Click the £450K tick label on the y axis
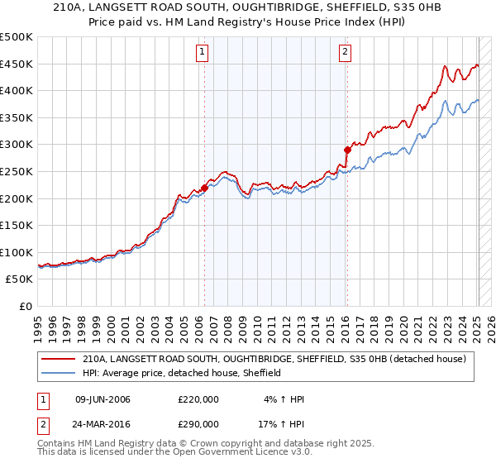point(17,64)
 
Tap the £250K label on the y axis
point(17,171)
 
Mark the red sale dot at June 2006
point(204,189)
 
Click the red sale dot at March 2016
point(347,150)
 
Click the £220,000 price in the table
point(198,399)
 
